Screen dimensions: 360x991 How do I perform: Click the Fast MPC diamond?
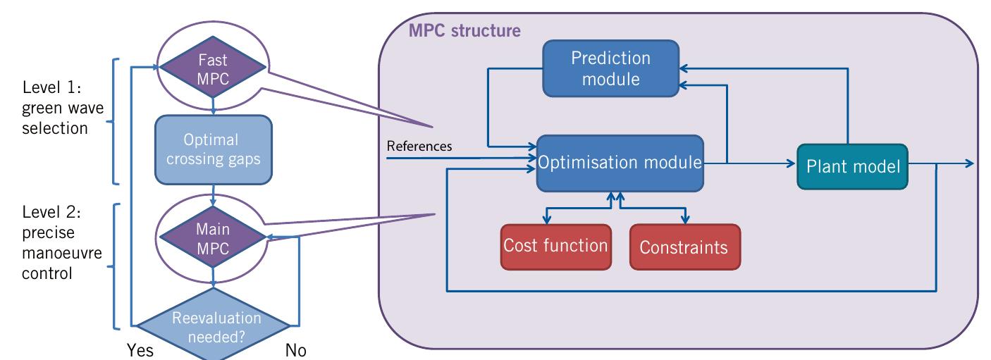click(x=212, y=68)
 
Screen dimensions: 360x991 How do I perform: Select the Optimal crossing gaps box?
click(x=213, y=150)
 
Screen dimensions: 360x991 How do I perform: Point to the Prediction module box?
click(x=610, y=68)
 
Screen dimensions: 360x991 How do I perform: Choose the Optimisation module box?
click(x=621, y=163)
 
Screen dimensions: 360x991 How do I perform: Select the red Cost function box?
click(x=555, y=247)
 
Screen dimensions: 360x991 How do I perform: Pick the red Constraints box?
click(x=684, y=247)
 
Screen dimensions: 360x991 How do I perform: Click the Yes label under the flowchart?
click(x=140, y=350)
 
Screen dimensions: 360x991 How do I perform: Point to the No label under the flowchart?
click(x=295, y=350)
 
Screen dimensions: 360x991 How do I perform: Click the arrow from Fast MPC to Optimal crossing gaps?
click(x=213, y=104)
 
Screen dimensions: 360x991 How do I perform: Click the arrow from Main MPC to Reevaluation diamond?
click(x=213, y=278)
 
